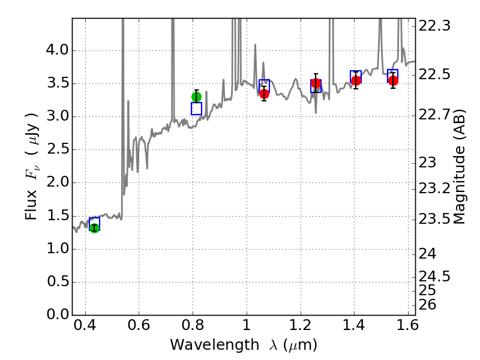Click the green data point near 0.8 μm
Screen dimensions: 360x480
pos(196,97)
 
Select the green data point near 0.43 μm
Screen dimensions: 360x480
pos(94,228)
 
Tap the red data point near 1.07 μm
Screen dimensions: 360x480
pos(264,94)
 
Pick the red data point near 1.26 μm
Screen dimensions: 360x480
pos(316,83)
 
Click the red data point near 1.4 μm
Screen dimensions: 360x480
pos(356,80)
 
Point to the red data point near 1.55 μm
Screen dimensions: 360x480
pos(393,80)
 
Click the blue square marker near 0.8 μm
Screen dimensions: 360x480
pos(196,109)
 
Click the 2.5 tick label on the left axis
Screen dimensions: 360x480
pos(56,150)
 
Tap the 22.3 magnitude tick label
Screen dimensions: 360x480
pos(435,26)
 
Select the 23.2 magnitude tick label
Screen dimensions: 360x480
pos(435,188)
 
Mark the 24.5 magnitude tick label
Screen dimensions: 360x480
pos(435,277)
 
